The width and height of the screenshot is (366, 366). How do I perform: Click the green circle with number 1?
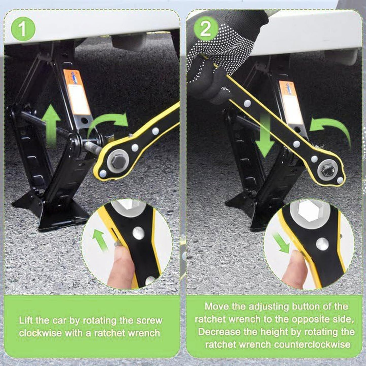point(23,29)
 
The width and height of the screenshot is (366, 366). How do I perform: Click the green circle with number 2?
point(206,29)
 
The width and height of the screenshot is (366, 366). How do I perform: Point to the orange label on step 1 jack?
point(77,92)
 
